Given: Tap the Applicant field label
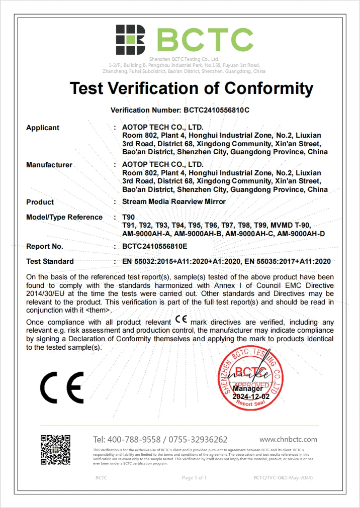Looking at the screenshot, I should pos(43,128).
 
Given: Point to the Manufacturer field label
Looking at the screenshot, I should pos(49,165).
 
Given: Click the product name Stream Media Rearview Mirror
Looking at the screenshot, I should pos(174,202).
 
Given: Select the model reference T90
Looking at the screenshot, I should pos(129,217).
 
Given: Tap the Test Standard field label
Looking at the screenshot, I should pos(50,261).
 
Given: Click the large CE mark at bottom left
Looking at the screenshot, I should pos(62,387).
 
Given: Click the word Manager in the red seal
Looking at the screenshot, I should pos(247,388).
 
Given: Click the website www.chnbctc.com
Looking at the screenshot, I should pos(288,439).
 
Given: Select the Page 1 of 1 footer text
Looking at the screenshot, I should pos(194,477).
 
